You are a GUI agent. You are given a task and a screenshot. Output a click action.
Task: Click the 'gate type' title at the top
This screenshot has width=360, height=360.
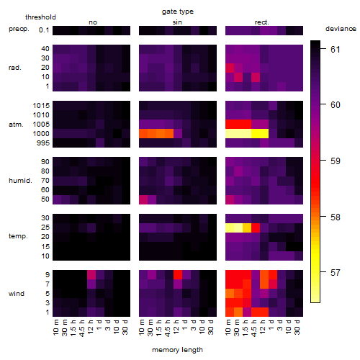pyautogui.click(x=178, y=12)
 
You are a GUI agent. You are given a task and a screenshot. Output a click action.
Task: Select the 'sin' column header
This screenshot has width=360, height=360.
pyautogui.click(x=177, y=22)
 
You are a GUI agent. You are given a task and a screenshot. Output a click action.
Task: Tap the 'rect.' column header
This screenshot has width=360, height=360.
pyautogui.click(x=262, y=22)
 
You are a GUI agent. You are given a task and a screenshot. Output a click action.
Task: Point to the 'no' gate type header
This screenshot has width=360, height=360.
pyautogui.click(x=93, y=22)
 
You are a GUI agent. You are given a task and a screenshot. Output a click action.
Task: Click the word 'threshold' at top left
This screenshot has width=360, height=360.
pyautogui.click(x=40, y=17)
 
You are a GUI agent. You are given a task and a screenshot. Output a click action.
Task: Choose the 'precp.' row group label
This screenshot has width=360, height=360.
pyautogui.click(x=19, y=29)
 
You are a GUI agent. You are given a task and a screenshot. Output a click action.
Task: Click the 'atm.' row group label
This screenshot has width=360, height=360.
pyautogui.click(x=16, y=125)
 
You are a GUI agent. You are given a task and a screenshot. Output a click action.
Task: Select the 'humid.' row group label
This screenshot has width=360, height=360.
pyautogui.click(x=20, y=181)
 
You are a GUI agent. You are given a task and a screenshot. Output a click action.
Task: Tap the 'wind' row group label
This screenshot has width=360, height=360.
pyautogui.click(x=17, y=294)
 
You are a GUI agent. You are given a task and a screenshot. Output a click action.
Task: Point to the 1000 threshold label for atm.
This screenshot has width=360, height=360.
pyautogui.click(x=41, y=134)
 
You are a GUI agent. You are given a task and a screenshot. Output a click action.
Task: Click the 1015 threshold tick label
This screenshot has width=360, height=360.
pyautogui.click(x=41, y=106)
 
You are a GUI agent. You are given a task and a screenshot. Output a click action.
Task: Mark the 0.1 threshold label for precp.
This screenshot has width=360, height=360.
pyautogui.click(x=44, y=30)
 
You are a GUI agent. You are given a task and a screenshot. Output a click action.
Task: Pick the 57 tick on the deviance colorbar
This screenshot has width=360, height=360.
pyautogui.click(x=336, y=273)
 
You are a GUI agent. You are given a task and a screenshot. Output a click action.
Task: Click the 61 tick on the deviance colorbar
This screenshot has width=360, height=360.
pyautogui.click(x=336, y=49)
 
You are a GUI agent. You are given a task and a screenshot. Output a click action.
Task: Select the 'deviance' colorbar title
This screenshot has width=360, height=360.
pyautogui.click(x=341, y=29)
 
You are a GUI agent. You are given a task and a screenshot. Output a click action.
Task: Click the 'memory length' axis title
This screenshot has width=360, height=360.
pyautogui.click(x=178, y=350)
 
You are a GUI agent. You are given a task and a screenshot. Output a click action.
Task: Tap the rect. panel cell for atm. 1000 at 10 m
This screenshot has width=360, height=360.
pyautogui.click(x=230, y=134)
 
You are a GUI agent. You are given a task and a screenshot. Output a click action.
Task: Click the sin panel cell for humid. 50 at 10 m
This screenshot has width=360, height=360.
pyautogui.click(x=143, y=199)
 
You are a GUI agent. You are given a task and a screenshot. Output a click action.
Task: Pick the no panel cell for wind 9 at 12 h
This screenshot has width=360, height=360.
pyautogui.click(x=91, y=275)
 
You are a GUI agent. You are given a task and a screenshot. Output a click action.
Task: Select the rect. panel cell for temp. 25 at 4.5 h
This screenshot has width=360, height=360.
pyautogui.click(x=256, y=228)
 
